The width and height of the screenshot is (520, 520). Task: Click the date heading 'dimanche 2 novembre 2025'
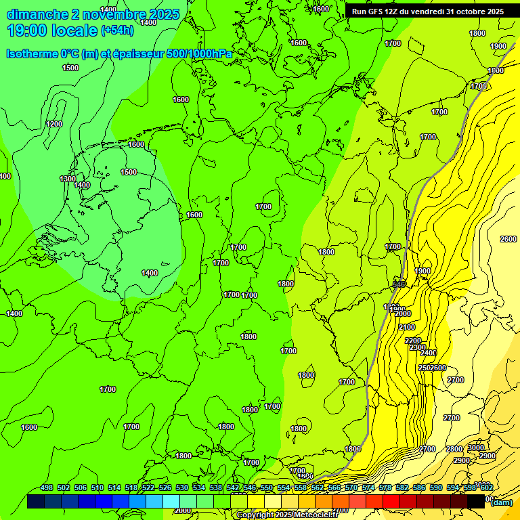click(93, 14)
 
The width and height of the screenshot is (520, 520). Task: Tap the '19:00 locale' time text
click(51, 30)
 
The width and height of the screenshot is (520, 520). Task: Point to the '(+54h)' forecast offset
click(118, 30)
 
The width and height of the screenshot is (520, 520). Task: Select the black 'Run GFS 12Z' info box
click(427, 11)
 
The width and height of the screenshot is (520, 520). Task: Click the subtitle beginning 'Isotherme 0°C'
click(119, 53)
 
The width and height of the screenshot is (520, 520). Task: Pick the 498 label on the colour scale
click(47, 487)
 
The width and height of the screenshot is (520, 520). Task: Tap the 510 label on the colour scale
click(97, 487)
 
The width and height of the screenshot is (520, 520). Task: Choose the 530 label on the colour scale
click(182, 487)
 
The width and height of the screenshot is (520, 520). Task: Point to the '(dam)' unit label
click(501, 502)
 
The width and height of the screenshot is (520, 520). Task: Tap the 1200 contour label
click(54, 124)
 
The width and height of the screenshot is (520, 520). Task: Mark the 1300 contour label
click(68, 179)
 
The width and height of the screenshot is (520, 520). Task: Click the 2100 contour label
click(407, 327)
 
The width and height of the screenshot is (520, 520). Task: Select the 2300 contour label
click(418, 347)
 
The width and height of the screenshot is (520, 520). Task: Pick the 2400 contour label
click(428, 353)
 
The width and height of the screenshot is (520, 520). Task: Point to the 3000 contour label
click(476, 448)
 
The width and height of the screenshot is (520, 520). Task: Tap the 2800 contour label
click(454, 450)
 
